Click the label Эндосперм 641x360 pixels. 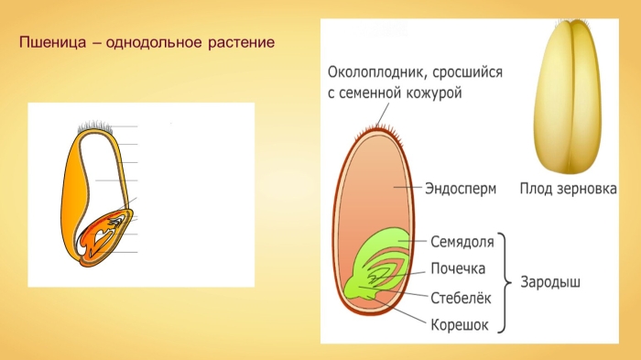[460, 189]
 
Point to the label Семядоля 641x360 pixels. [462, 243]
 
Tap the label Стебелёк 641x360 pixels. [461, 298]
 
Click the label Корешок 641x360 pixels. [459, 324]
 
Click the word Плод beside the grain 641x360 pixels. [536, 189]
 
